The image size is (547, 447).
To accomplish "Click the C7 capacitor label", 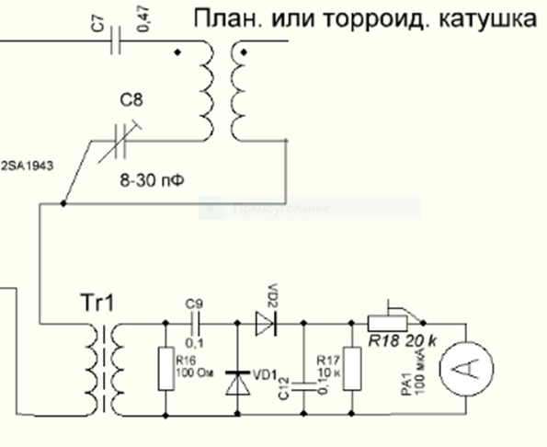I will (98, 29).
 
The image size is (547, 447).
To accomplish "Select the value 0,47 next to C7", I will (141, 29).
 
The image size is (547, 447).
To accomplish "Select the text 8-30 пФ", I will (153, 180).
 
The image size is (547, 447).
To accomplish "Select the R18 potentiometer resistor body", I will (387, 322).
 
